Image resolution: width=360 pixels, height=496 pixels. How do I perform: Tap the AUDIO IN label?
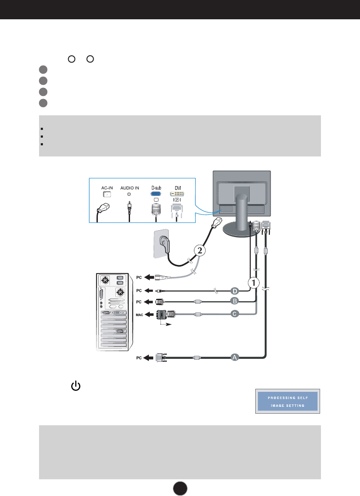tap(129, 188)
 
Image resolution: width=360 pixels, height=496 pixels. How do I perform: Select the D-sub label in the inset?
tap(155, 188)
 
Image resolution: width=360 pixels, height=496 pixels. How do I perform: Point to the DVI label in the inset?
tap(177, 188)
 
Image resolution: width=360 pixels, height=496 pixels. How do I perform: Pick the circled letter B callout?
tap(234, 301)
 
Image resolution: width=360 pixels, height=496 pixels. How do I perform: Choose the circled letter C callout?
tap(234, 314)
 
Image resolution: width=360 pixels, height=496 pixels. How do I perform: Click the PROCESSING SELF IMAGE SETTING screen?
tap(287, 402)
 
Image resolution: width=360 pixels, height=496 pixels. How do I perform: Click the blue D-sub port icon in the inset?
tap(155, 194)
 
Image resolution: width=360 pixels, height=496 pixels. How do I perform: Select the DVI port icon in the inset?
tap(177, 194)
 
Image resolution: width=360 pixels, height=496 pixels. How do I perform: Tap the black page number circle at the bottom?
tap(180, 487)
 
